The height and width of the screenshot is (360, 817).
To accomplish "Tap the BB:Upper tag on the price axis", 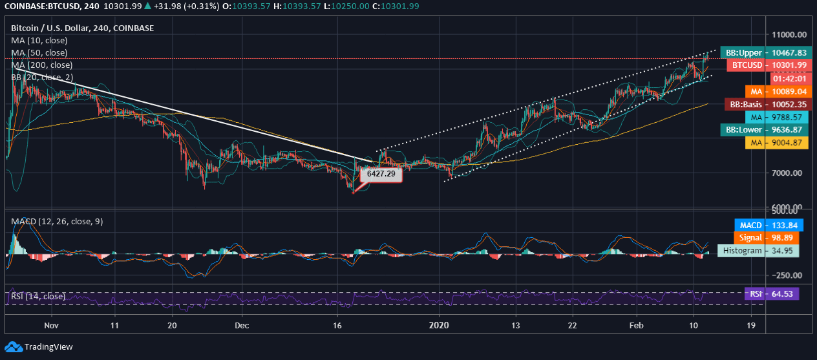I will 765,53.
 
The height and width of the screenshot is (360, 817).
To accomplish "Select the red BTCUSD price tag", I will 767,65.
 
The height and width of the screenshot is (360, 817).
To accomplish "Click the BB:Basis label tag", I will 765,104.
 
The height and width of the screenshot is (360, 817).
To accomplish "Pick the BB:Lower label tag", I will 765,130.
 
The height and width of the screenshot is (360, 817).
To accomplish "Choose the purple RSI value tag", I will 772,294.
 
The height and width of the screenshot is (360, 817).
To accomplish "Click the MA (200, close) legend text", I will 42,65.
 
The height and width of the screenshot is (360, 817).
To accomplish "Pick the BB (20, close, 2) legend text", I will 42,78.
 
